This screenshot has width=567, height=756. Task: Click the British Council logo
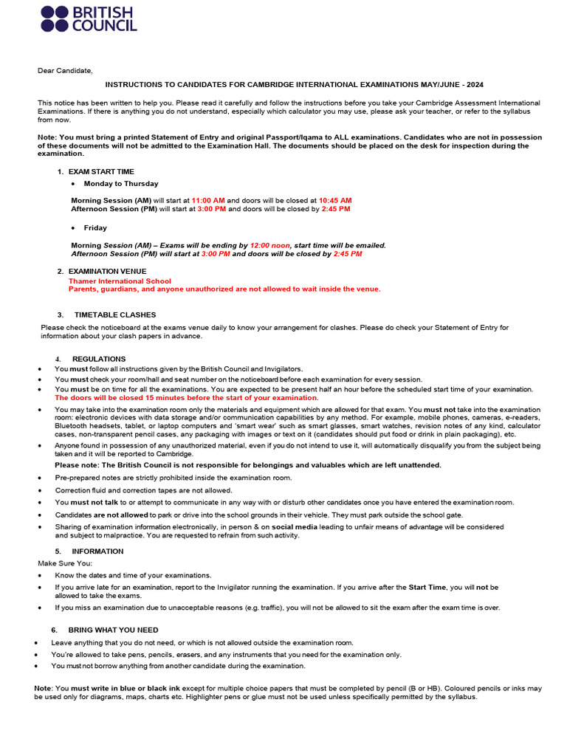click(89, 18)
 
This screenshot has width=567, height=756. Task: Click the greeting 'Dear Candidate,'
click(66, 71)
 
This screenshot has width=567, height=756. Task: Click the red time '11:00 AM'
click(207, 200)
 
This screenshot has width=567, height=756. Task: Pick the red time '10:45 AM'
click(335, 200)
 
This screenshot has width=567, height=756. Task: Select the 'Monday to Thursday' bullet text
click(121, 183)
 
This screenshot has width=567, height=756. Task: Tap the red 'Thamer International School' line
click(120, 281)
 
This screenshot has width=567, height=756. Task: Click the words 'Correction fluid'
click(79, 490)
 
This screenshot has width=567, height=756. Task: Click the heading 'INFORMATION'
click(97, 551)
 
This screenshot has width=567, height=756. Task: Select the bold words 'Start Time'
click(427, 588)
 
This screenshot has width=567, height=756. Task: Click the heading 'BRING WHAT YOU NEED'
click(113, 630)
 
